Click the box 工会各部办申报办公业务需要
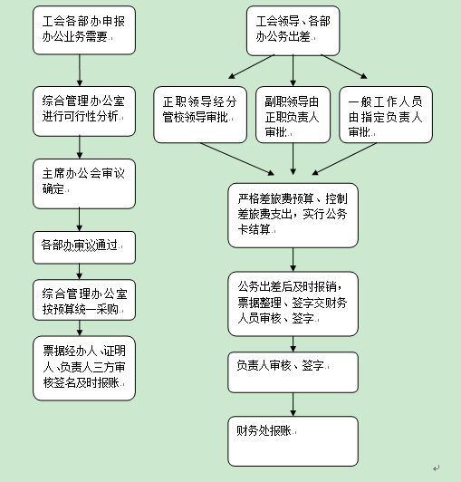point(84,30)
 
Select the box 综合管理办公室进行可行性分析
point(84,111)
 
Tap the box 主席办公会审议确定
point(84,184)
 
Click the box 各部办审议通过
point(84,247)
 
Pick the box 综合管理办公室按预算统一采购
point(84,300)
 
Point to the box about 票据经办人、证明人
point(84,368)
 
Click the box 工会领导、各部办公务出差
point(293,31)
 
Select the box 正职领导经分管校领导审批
point(200,115)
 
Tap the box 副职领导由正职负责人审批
point(293,115)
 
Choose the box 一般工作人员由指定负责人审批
point(386,115)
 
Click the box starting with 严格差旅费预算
point(293,216)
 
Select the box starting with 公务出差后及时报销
point(293,304)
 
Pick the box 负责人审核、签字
point(293,372)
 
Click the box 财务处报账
point(293,441)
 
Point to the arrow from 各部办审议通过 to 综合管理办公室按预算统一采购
point(80,272)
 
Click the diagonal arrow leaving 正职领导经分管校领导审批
point(237,159)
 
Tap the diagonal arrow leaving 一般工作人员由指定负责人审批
point(344,159)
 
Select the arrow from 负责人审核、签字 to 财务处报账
point(293,404)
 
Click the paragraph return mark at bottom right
point(437,468)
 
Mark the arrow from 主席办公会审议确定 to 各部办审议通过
point(80,220)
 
